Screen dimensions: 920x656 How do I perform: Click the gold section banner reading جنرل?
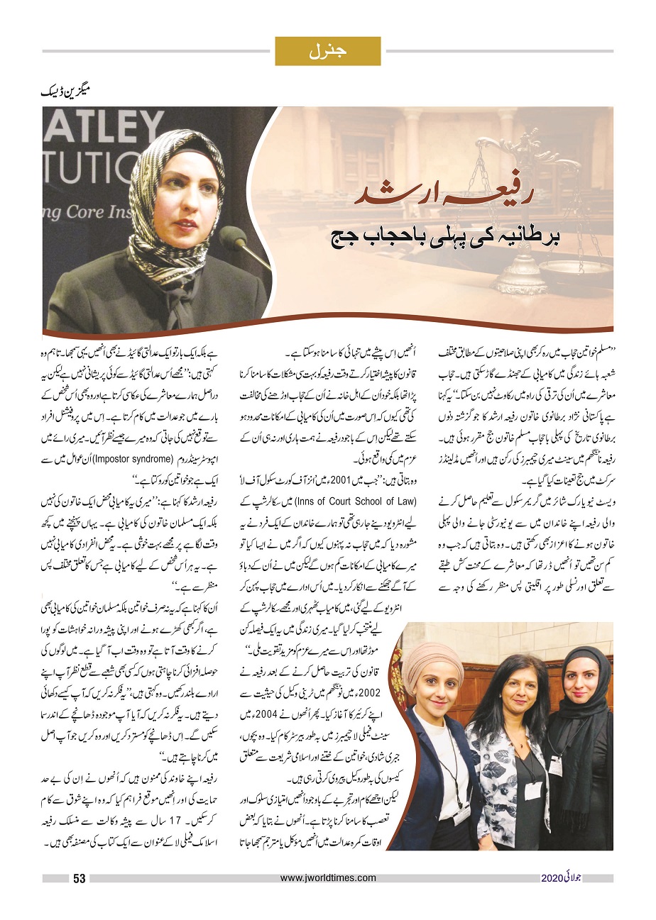pyautogui.click(x=327, y=51)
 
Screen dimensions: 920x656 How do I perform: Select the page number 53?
pyautogui.click(x=79, y=879)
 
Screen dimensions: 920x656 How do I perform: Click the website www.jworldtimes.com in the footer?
pyautogui.click(x=327, y=878)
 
